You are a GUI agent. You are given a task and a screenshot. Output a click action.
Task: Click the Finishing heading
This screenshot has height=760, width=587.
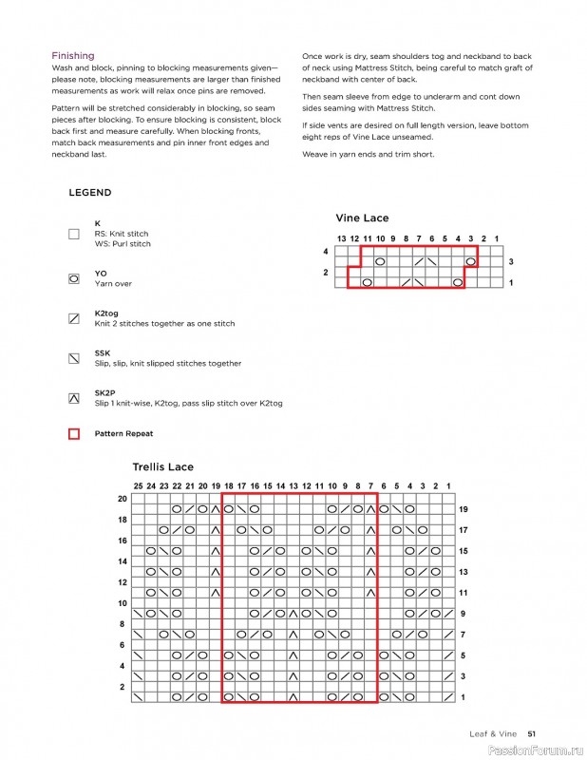click(x=73, y=56)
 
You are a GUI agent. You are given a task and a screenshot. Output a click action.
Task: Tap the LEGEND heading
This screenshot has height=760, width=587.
click(x=90, y=193)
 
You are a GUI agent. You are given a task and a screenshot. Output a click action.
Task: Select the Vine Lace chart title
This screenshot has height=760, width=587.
click(x=362, y=218)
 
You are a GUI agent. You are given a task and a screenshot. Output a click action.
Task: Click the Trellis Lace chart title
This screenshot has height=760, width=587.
click(x=162, y=467)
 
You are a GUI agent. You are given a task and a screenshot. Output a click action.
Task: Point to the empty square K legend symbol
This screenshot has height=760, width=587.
click(x=74, y=234)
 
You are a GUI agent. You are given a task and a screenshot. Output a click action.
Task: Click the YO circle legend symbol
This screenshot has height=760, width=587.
click(x=74, y=278)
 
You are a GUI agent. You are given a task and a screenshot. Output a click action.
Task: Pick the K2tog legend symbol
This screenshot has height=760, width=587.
click(x=74, y=318)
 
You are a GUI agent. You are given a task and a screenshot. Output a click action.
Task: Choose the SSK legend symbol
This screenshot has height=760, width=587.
click(x=74, y=358)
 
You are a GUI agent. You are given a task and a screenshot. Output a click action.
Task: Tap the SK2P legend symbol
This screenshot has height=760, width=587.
click(x=74, y=398)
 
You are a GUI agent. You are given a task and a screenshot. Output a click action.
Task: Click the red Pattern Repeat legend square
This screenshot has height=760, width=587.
click(x=74, y=434)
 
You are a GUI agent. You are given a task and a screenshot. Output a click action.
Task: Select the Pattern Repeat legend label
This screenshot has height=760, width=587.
click(x=123, y=434)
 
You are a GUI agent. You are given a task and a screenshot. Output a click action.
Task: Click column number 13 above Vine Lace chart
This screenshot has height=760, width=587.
click(x=342, y=238)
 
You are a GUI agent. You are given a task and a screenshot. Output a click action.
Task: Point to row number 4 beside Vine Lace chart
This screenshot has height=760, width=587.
click(x=325, y=252)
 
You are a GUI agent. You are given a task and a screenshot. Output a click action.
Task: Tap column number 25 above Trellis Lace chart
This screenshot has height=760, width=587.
click(x=138, y=486)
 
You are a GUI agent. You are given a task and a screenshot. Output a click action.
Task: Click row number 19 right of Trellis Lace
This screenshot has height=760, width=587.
click(x=464, y=509)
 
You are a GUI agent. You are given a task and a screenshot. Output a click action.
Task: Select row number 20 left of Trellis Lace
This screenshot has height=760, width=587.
click(x=122, y=499)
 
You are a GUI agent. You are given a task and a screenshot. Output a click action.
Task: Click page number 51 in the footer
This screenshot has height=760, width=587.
click(x=533, y=732)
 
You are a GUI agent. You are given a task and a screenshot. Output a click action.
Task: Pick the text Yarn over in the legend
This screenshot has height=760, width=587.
click(x=113, y=284)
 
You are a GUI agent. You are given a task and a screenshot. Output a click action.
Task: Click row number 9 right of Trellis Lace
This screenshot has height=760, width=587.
click(x=462, y=614)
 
